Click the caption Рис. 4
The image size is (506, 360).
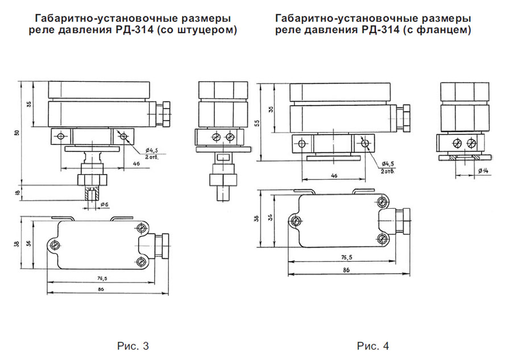point(373,345)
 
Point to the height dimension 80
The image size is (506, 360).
point(16,133)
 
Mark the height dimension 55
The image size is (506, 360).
point(257,122)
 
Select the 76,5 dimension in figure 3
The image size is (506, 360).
point(101,278)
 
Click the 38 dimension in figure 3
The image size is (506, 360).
point(18,243)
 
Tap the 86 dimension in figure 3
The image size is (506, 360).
point(101,290)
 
